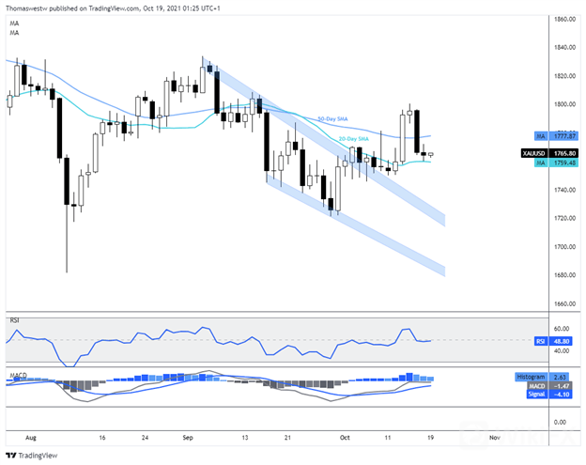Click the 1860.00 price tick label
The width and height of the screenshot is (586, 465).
click(x=563, y=19)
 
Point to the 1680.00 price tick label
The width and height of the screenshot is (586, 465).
click(x=563, y=275)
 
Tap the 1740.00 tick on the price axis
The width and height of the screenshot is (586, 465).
click(x=563, y=190)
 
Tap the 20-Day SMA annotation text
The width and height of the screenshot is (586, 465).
click(x=352, y=139)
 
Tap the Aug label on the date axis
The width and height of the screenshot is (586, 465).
click(x=31, y=438)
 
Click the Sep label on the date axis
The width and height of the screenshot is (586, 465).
click(x=189, y=438)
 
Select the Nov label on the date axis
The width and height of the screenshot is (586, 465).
click(x=493, y=438)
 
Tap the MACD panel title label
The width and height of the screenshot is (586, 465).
click(x=18, y=375)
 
